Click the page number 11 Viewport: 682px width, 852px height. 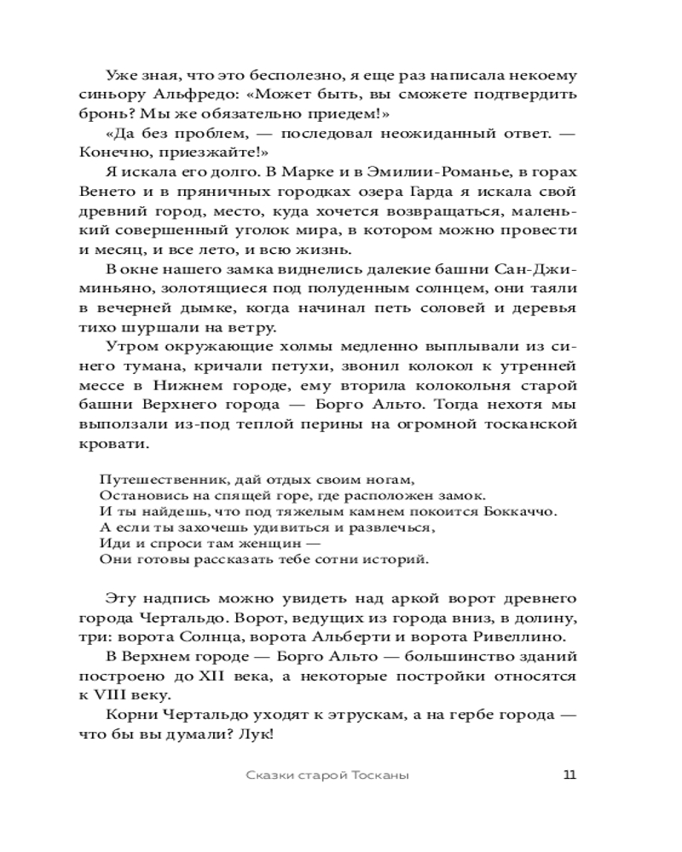pos(570,774)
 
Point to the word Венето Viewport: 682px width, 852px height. pos(124,190)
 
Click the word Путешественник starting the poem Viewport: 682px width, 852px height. pos(153,478)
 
